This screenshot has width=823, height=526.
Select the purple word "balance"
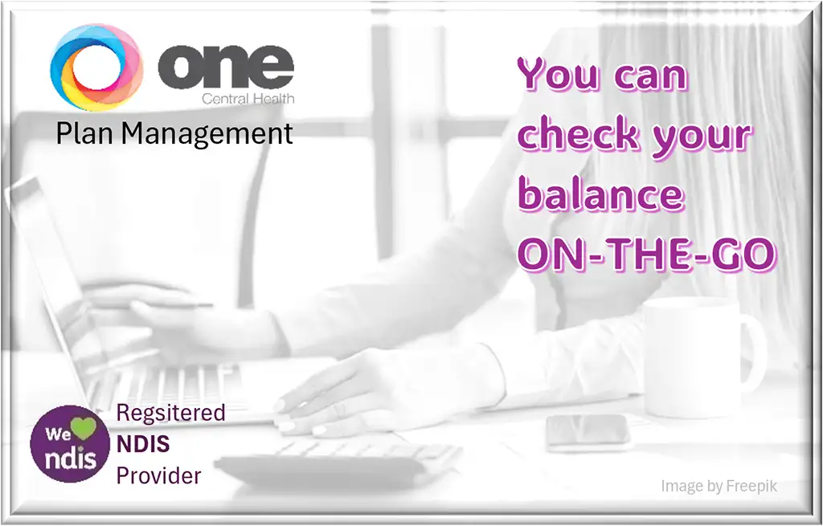point(600,194)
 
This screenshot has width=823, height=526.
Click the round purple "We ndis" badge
point(69,444)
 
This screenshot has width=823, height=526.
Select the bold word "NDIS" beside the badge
point(143,444)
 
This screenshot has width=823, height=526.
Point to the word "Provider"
point(159,475)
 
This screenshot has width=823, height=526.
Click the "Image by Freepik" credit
point(719,486)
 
